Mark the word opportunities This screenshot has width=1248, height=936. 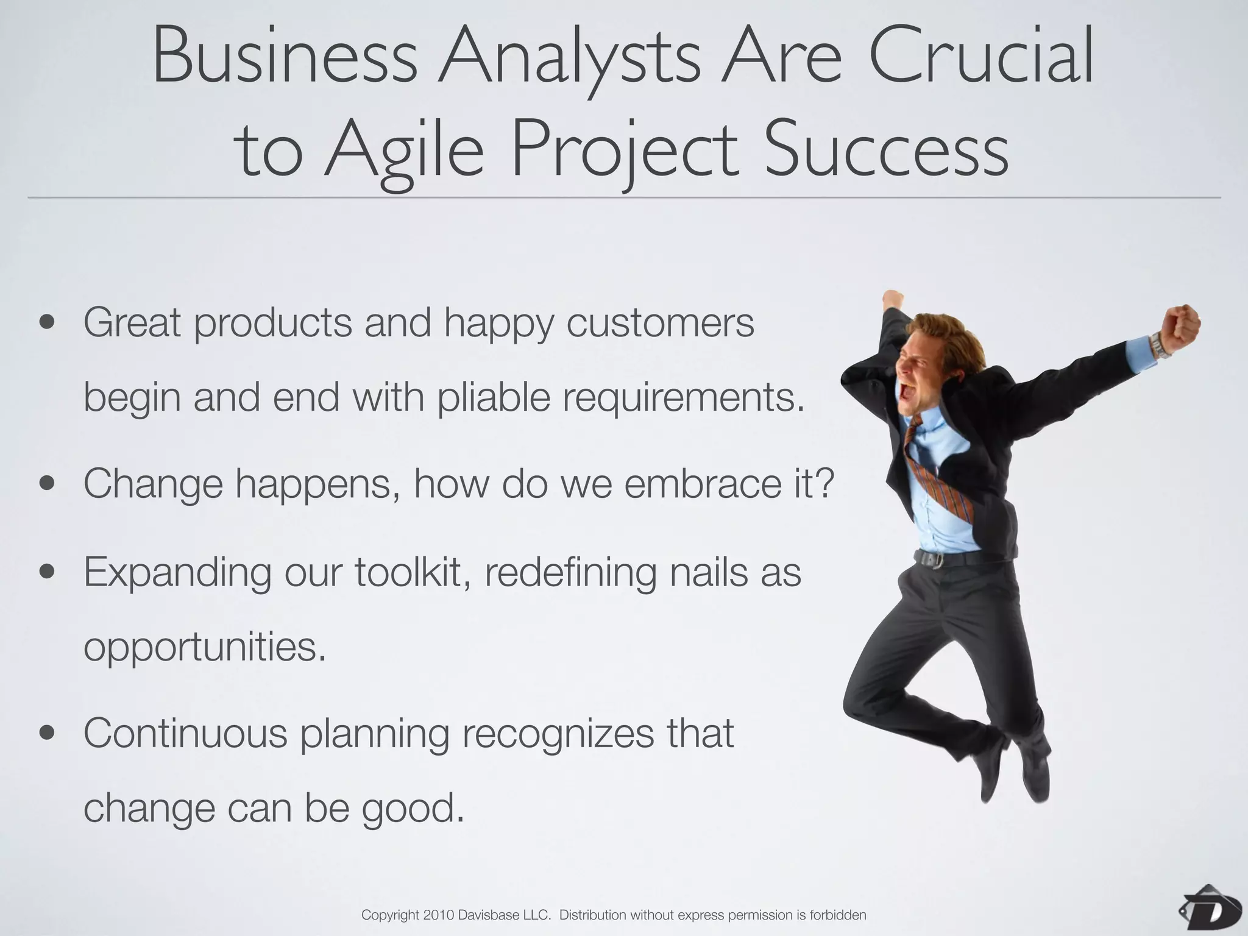coord(204,647)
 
